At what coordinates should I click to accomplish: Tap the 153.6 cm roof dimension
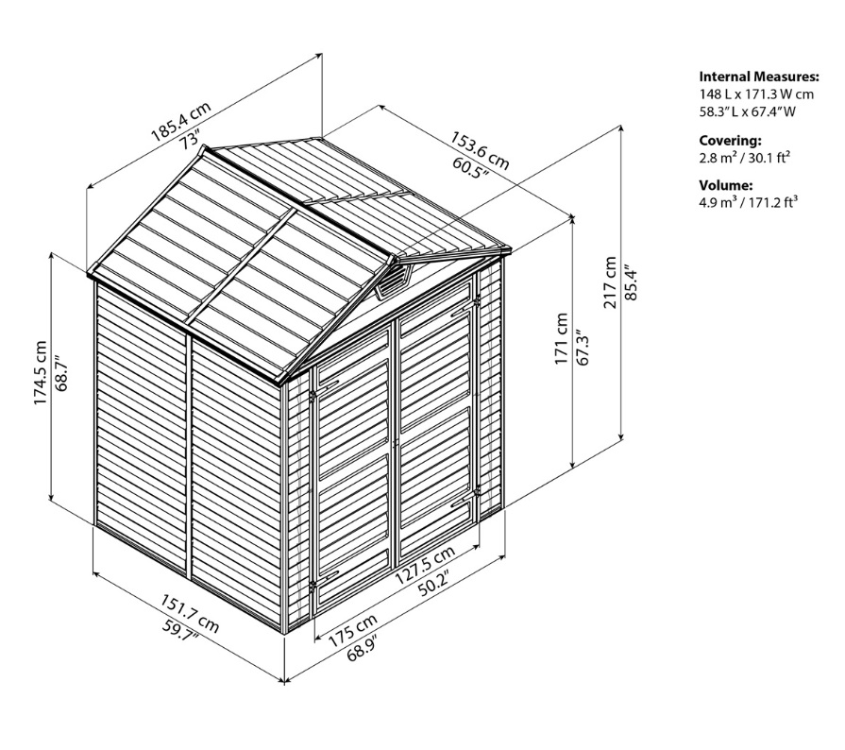(480, 151)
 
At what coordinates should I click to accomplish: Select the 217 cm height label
(610, 282)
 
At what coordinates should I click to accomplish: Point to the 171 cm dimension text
(562, 338)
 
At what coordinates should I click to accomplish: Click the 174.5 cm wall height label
(41, 372)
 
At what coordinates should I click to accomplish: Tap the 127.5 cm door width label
(425, 565)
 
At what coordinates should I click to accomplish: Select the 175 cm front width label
(353, 630)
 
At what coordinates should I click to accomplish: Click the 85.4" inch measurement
(631, 282)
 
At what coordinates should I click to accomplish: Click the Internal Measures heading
(759, 77)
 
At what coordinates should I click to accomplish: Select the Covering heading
(730, 141)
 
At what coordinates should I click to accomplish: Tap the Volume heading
(726, 185)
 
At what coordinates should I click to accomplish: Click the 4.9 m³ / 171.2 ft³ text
(748, 203)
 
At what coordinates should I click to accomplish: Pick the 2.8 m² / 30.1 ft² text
(744, 158)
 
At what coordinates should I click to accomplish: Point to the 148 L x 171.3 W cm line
(756, 94)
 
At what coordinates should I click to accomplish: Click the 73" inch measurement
(190, 140)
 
